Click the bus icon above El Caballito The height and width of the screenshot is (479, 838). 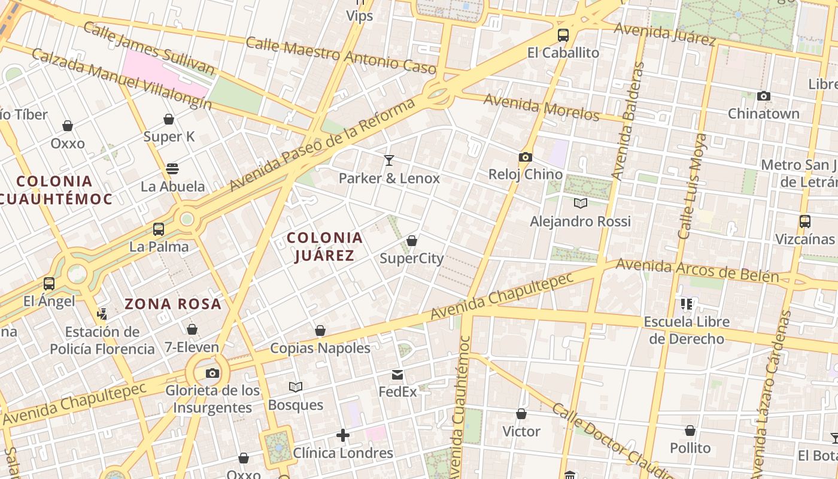coord(563,35)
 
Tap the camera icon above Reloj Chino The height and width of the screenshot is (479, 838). coord(525,157)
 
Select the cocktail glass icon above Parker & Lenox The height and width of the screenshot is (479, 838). coord(389,160)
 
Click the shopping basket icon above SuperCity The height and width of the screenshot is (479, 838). coord(412,241)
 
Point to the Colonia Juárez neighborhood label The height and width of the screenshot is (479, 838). coord(325,247)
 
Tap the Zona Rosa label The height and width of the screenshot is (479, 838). coord(173,304)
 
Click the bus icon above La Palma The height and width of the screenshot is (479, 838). coord(159,229)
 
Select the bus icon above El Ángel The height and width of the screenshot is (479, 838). coord(49,283)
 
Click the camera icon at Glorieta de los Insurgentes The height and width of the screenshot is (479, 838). coord(212,373)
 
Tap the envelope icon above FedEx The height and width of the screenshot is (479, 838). coord(397,375)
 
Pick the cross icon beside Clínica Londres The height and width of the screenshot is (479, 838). coord(343,435)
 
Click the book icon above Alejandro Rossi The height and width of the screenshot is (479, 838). coord(580,203)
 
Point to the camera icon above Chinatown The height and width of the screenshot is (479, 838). coord(763,96)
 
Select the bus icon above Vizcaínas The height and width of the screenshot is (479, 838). coord(805,222)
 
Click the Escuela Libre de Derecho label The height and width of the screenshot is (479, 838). coord(687,330)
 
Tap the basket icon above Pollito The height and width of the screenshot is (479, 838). coord(690,431)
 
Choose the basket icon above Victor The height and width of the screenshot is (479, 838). coord(521,414)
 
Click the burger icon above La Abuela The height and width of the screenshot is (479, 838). coord(172,169)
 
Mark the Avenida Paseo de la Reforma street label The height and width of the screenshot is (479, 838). coord(322,145)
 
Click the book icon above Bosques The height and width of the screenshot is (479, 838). coord(296,387)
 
